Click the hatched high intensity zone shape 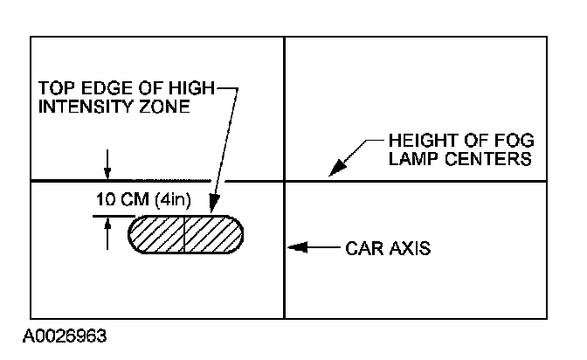click(x=185, y=234)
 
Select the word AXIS click(x=411, y=249)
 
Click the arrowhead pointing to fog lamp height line click(x=335, y=172)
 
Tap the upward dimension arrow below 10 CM click(x=107, y=224)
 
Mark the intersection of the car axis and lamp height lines click(x=285, y=181)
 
